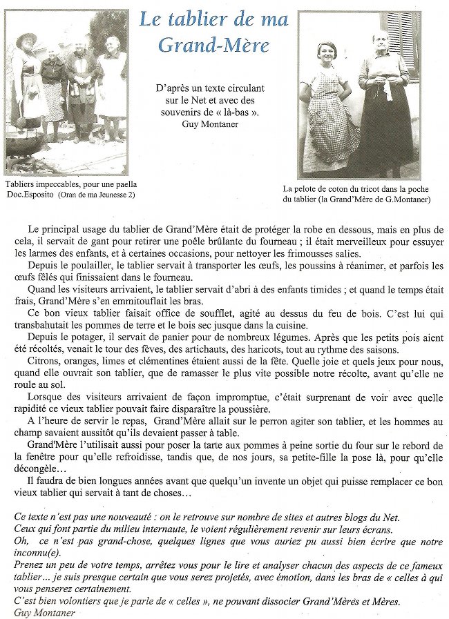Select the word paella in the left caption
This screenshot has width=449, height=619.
(x=123, y=184)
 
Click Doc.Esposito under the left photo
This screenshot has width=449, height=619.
(x=30, y=195)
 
